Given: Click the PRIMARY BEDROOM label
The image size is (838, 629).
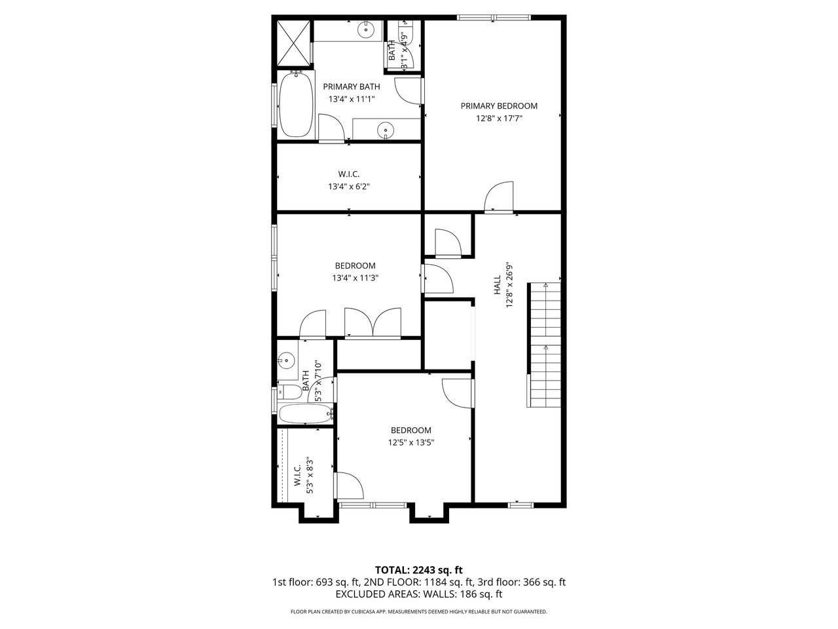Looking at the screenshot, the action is click(499, 105).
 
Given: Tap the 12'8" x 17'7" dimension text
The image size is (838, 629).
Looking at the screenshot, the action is click(499, 119).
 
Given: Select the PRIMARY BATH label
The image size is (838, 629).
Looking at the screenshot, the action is click(351, 86).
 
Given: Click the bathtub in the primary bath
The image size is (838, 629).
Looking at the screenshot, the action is click(296, 105).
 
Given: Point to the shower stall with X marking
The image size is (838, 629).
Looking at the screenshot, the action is click(293, 43).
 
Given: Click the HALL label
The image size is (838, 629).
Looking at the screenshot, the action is click(497, 285).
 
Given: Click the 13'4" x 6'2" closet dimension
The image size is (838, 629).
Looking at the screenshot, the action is click(349, 187).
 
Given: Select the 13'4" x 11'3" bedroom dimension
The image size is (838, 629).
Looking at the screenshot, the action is click(355, 278).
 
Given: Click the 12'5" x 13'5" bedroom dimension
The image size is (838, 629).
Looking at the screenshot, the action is click(411, 443).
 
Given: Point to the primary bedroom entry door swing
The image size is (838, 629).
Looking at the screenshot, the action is click(499, 197).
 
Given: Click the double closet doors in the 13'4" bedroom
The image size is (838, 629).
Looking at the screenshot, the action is click(373, 323).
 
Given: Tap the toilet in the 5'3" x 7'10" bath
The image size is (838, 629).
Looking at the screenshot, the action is click(289, 392).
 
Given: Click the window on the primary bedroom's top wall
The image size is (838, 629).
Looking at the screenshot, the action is click(494, 17).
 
